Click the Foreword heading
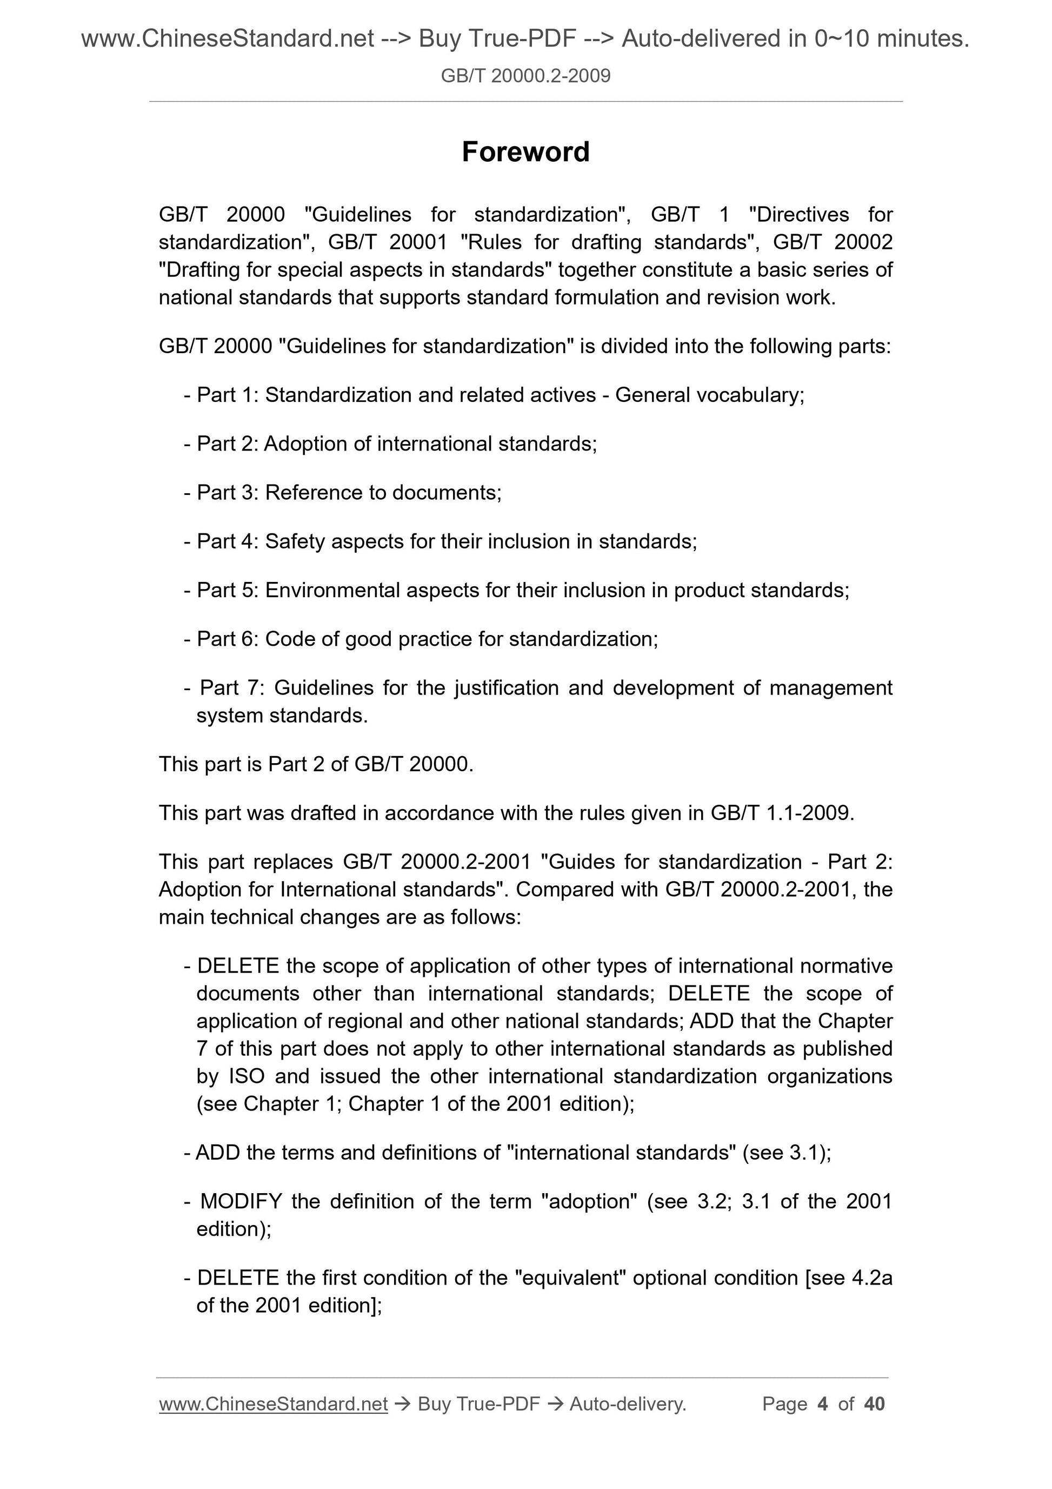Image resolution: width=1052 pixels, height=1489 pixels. (x=525, y=153)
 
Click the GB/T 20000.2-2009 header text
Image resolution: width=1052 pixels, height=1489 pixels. (x=525, y=76)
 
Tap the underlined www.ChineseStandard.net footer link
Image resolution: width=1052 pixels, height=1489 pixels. (x=273, y=1404)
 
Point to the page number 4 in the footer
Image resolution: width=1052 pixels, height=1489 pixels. (x=823, y=1404)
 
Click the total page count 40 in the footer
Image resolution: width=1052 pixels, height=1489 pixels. (x=874, y=1404)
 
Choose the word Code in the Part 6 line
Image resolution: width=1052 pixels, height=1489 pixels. (x=290, y=639)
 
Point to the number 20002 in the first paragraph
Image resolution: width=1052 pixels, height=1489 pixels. (x=863, y=242)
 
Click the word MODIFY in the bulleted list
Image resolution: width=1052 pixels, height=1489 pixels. (x=241, y=1202)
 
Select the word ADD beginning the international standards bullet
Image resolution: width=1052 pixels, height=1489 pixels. (x=218, y=1153)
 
